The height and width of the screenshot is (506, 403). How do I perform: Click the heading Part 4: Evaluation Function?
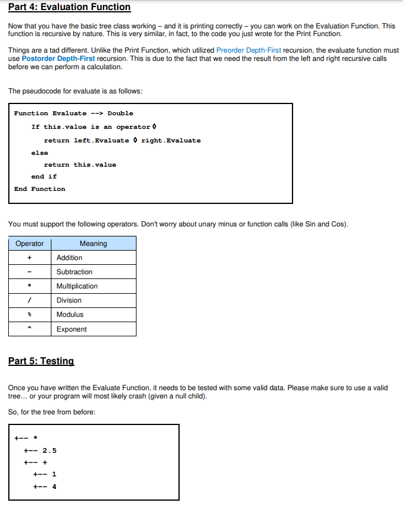69,8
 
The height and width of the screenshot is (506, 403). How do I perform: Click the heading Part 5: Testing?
41,361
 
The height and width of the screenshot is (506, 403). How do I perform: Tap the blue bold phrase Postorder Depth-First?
58,59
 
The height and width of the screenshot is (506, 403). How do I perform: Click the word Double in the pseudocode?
121,113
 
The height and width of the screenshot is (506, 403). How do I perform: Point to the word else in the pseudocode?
40,153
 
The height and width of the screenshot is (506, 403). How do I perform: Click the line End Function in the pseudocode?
40,189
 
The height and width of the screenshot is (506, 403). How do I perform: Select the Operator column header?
30,244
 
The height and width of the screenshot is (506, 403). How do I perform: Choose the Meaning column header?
93,244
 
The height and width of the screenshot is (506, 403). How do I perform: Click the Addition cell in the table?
70,258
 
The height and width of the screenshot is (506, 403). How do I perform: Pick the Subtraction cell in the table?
74,272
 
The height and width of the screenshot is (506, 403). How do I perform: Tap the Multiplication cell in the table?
77,286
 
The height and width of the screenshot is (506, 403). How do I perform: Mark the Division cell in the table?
69,300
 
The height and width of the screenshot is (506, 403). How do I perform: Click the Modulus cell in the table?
70,314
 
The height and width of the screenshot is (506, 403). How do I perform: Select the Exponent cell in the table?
71,329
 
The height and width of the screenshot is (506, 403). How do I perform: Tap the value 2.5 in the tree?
50,450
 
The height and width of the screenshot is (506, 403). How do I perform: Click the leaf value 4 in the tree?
54,487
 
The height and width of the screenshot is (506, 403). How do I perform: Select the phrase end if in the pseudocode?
44,177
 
